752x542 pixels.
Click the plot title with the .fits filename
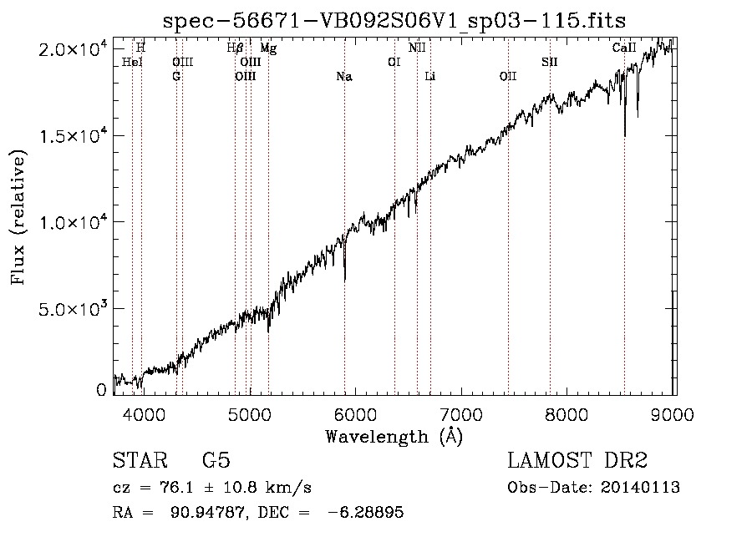pyautogui.click(x=394, y=21)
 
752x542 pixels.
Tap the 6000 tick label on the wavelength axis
pyautogui.click(x=355, y=414)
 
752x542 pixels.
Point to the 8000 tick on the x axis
pyautogui.click(x=567, y=414)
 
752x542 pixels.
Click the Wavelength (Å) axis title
pyautogui.click(x=394, y=437)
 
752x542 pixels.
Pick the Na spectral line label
pyautogui.click(x=344, y=77)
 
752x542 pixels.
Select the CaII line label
pyautogui.click(x=624, y=48)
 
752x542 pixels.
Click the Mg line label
pyautogui.click(x=268, y=48)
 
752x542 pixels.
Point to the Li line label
pyautogui.click(x=430, y=76)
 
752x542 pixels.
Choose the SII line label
pyautogui.click(x=550, y=63)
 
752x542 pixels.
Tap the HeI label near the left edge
pyautogui.click(x=132, y=63)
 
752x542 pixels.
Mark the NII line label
pyautogui.click(x=417, y=48)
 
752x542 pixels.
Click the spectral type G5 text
pyautogui.click(x=216, y=460)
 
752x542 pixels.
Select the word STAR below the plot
pyautogui.click(x=140, y=460)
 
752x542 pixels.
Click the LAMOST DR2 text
pyautogui.click(x=577, y=460)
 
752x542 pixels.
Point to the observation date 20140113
pyautogui.click(x=640, y=488)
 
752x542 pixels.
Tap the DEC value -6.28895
pyautogui.click(x=365, y=512)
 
